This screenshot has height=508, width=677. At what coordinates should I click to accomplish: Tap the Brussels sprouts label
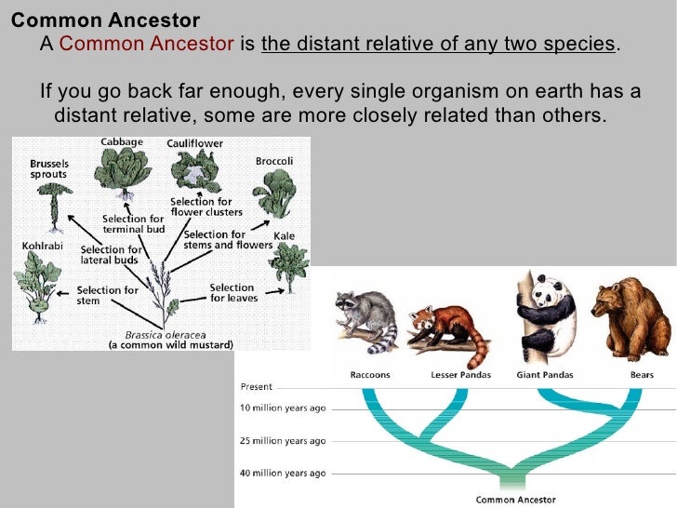coord(47,167)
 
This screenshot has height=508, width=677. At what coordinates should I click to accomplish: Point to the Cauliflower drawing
coord(193,173)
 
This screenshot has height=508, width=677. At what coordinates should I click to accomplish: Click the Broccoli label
coord(273,161)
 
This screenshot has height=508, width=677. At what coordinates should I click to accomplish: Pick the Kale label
coord(284,236)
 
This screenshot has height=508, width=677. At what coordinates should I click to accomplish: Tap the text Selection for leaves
coord(232,293)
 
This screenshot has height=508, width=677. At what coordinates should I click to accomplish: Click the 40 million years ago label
coord(283,473)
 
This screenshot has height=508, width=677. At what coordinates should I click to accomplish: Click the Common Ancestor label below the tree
coord(515,499)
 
